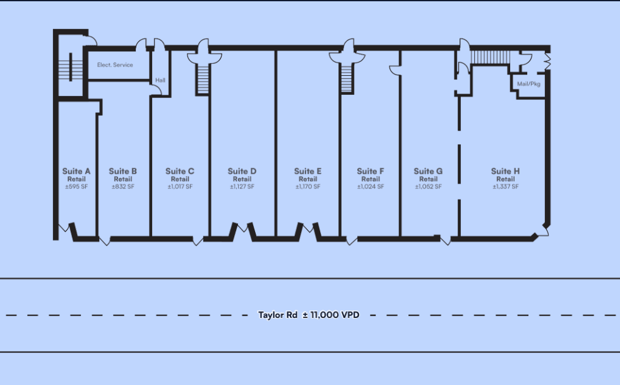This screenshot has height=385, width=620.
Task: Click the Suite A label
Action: (x=76, y=171)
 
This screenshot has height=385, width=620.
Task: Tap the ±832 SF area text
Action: (x=123, y=186)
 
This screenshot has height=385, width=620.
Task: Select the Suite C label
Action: (x=180, y=171)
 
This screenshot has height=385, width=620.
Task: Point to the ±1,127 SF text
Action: (x=242, y=186)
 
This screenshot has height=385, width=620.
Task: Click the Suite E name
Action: (x=307, y=171)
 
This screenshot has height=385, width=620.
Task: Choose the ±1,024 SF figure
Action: (x=371, y=186)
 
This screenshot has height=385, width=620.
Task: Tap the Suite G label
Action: (x=428, y=171)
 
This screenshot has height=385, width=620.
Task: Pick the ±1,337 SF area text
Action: (x=506, y=186)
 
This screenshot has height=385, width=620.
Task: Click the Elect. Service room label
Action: (x=115, y=65)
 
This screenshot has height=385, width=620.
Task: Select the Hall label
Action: (x=160, y=80)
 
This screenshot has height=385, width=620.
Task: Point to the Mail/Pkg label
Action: (x=528, y=84)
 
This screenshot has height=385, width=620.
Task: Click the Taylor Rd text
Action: (x=278, y=315)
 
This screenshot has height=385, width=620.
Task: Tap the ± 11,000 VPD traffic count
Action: (x=331, y=315)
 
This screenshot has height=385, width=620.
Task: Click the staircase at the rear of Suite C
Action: (x=203, y=79)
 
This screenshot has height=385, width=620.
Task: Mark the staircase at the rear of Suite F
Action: (x=347, y=78)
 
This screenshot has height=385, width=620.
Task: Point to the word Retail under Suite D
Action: (x=242, y=179)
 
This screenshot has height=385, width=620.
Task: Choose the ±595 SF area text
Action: (x=76, y=186)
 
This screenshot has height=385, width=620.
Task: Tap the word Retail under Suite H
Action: (x=506, y=179)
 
